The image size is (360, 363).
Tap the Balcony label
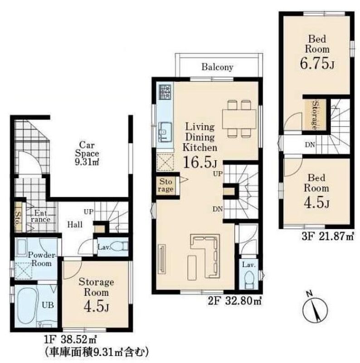click(217, 67)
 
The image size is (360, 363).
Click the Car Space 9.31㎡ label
click(87, 153)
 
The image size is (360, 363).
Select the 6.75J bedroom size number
click(317, 63)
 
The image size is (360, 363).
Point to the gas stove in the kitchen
click(165, 92)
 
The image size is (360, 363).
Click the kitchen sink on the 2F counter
click(165, 132)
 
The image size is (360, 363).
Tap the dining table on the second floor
click(239, 119)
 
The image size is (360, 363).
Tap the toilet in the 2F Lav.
click(249, 280)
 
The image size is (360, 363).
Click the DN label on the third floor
click(310, 145)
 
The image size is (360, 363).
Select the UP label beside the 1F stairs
click(88, 211)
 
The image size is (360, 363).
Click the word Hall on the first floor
click(75, 224)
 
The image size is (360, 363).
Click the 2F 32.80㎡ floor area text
click(235, 301)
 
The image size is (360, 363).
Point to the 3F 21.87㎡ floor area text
click(328, 236)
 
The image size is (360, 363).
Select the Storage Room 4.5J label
click(96, 294)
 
